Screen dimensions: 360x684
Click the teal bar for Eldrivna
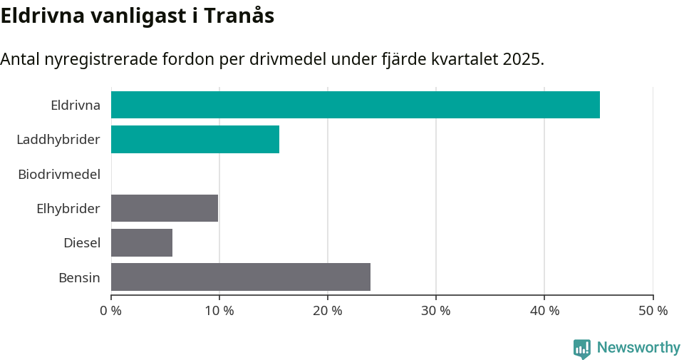(x=355, y=105)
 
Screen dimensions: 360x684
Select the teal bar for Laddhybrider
(x=195, y=139)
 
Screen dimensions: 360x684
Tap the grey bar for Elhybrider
(x=164, y=208)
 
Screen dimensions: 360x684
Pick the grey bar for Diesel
(x=141, y=242)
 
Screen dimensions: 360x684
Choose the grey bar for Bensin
(x=240, y=277)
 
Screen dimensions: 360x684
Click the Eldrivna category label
(x=75, y=105)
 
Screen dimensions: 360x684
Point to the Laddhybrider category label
(x=58, y=139)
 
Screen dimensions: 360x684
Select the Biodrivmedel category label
(x=59, y=173)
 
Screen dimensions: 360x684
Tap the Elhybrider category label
(x=68, y=208)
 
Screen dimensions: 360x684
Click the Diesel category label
(x=81, y=242)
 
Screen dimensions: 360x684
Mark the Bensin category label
(x=79, y=277)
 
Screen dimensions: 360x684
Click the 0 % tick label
(x=110, y=311)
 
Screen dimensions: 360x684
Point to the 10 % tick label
(x=219, y=311)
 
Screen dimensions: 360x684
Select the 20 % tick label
(x=327, y=311)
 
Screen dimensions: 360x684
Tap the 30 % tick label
(x=435, y=311)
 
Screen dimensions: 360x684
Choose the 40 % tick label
(x=544, y=311)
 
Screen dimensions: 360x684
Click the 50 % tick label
(x=652, y=311)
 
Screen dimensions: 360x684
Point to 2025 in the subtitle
(x=522, y=59)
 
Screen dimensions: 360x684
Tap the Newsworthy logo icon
(x=582, y=349)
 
